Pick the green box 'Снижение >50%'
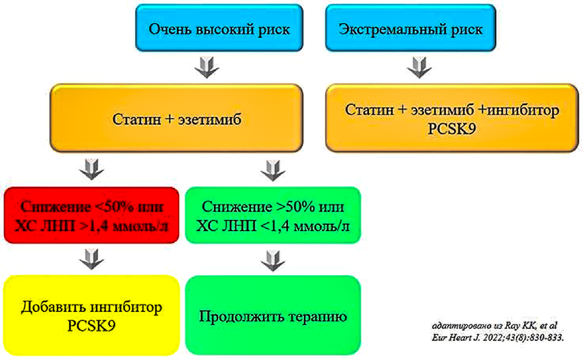(272, 215)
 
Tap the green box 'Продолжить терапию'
(272, 316)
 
